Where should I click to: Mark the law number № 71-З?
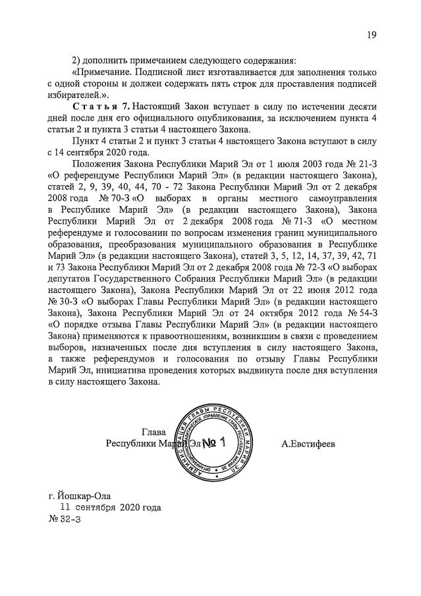pos(279,222)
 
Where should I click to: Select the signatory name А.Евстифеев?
pos(308,444)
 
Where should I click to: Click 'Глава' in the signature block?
pos(154,433)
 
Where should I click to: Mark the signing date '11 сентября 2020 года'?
pos(110,508)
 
